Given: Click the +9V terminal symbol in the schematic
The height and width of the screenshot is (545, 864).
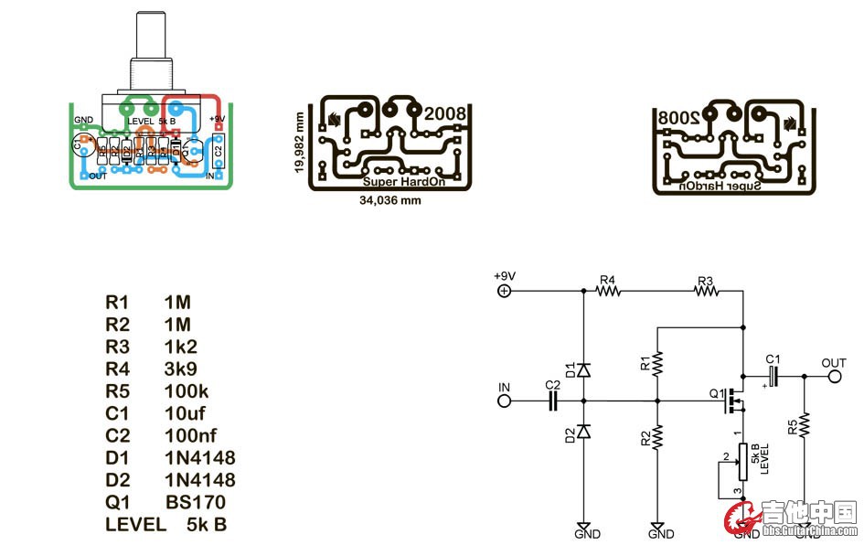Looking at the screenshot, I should (503, 292).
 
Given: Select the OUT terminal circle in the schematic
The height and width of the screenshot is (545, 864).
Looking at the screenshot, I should (834, 376).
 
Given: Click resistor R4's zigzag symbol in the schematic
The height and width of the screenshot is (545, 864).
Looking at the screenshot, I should (608, 292).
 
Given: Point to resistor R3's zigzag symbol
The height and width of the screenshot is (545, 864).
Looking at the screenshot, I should (705, 292).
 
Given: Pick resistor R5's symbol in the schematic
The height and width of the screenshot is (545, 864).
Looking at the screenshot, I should (805, 425).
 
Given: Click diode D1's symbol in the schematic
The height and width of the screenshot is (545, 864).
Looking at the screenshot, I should (583, 370).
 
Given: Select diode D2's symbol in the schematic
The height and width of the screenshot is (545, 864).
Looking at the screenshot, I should (583, 432).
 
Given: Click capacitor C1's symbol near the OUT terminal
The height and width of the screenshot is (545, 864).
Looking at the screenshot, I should (773, 376).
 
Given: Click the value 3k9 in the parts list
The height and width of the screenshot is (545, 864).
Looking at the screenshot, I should (181, 369).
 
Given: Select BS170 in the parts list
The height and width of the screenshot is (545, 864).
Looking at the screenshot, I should (195, 502).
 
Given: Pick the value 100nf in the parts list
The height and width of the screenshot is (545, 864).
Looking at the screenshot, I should (191, 435).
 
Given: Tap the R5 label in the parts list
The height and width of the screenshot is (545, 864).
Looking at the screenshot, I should (118, 391).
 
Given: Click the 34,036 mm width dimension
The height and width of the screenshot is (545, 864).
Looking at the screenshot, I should (390, 199).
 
